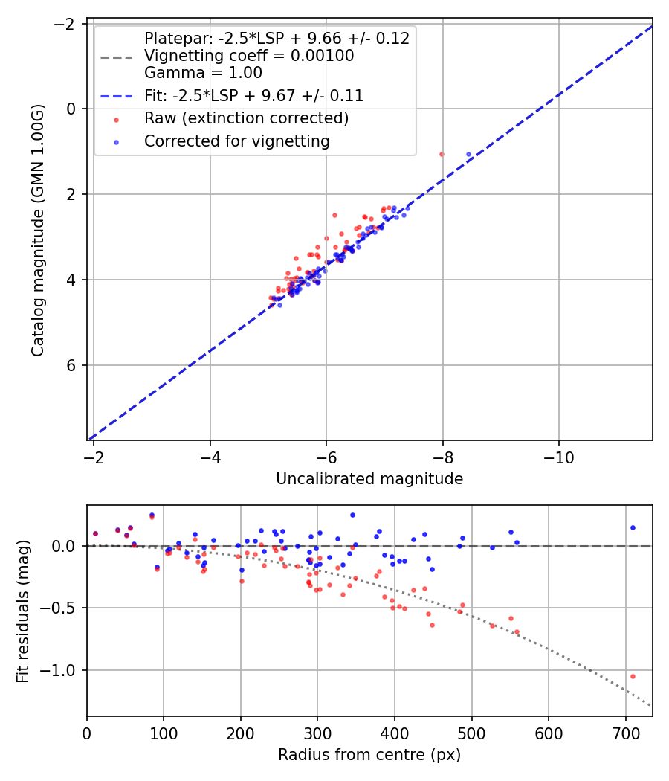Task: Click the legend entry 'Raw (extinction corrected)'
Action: pos(246,118)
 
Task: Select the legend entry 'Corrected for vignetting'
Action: pos(237,141)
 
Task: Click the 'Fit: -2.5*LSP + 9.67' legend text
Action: pos(253,96)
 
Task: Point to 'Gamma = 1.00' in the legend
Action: pos(203,73)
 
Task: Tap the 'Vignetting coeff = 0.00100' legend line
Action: pos(249,56)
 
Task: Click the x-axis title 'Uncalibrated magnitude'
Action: pos(369,479)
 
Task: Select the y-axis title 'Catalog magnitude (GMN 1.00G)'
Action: pos(38,230)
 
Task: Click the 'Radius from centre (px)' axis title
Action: pos(369,755)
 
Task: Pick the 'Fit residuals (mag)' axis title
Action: pos(23,611)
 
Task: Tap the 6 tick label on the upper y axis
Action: pos(72,365)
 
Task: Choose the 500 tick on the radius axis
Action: pos(394,733)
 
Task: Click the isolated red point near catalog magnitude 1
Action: pos(442,154)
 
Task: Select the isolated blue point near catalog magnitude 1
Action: pos(468,154)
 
